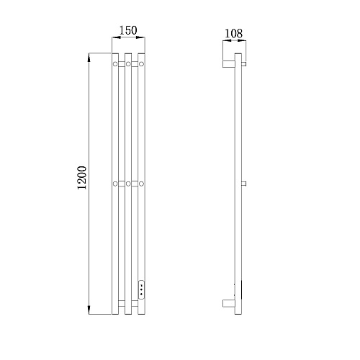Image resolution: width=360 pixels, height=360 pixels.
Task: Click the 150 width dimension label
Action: coord(128,30)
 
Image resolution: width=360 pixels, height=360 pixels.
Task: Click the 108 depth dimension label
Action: coord(233,33)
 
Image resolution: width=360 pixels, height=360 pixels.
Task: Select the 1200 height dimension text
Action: coord(82,178)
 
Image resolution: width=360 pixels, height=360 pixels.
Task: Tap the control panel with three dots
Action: coord(142,289)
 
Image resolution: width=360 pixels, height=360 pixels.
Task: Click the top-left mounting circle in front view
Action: coord(115,64)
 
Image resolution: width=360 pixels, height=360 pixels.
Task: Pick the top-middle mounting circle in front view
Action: coord(128,64)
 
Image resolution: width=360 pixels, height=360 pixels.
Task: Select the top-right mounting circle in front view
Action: coord(141,64)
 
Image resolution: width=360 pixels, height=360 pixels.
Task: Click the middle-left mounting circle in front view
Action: coord(115,184)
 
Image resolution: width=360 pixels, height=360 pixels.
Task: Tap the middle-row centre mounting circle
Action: coord(128,184)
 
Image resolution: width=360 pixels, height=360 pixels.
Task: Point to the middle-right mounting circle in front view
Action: coord(141,184)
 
